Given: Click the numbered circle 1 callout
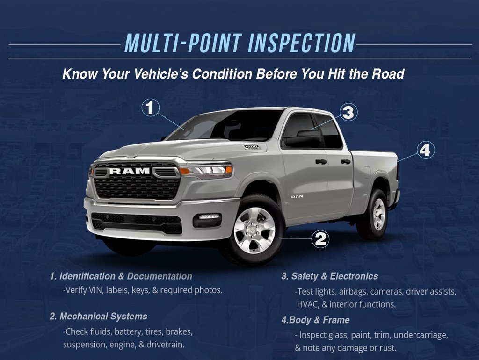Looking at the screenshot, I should (150, 108).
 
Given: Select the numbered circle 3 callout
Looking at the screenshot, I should (348, 112).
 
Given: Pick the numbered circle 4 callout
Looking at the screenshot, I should (425, 150).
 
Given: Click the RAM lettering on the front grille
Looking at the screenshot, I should (130, 171).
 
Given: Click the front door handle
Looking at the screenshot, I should (321, 162).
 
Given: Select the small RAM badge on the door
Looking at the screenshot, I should (297, 196).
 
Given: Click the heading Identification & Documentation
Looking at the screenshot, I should (121, 276).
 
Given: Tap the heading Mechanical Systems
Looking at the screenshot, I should (98, 317).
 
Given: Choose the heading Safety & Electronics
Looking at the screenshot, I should (329, 276).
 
